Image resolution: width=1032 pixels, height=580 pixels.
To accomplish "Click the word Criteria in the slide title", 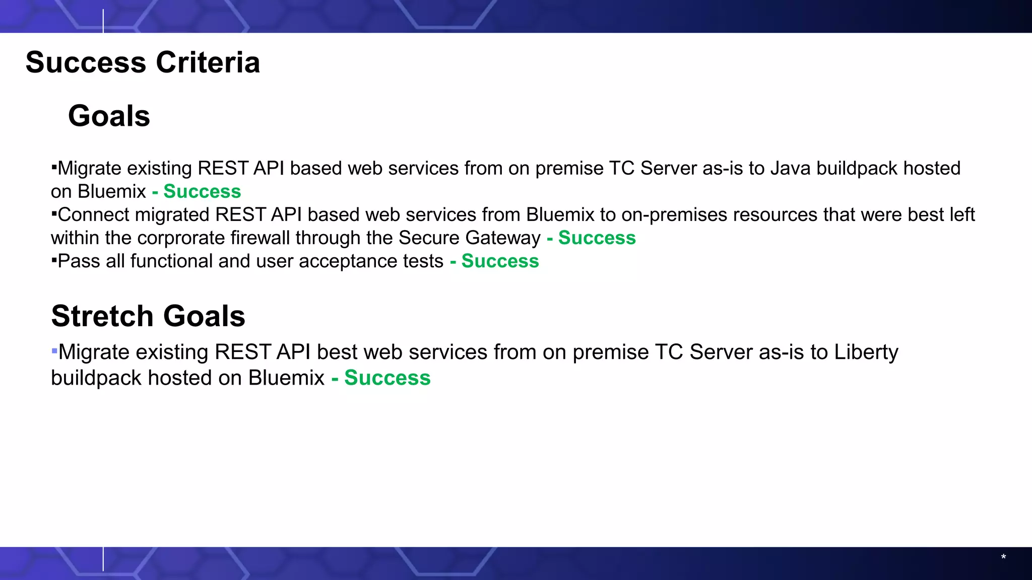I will click(208, 62).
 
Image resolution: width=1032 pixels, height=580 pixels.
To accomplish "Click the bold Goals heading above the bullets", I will click(109, 116).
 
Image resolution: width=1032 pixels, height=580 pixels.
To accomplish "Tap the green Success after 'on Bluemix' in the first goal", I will click(202, 191).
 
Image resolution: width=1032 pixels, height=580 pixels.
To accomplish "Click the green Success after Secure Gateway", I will click(597, 238).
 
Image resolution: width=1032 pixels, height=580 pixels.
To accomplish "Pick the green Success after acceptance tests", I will click(500, 261).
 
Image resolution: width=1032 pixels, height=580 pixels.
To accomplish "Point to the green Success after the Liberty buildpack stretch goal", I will click(387, 378).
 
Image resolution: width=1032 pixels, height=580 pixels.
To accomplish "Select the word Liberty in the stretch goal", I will click(866, 352).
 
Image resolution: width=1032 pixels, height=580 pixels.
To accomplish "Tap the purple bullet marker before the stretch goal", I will click(54, 350).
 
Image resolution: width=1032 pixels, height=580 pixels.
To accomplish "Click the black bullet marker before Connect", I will click(53, 213).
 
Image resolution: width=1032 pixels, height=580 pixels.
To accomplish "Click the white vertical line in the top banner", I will click(103, 20).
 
